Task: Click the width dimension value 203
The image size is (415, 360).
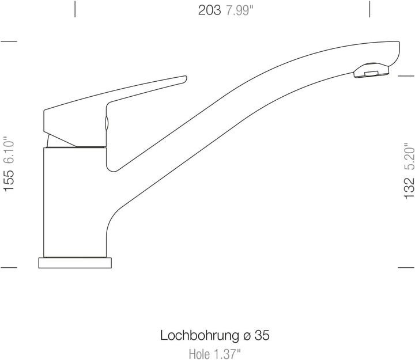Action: [x=209, y=10]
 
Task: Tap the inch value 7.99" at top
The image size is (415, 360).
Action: [x=240, y=10]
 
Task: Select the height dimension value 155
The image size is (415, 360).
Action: [x=9, y=181]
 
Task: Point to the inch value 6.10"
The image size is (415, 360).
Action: [x=9, y=150]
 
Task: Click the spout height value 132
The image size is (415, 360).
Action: [x=409, y=188]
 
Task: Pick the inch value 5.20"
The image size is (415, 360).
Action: [x=409, y=157]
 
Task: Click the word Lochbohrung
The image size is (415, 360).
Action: [x=200, y=336]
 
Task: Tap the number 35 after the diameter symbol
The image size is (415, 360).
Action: [x=262, y=335]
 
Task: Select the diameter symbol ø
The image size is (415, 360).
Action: [x=247, y=336]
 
